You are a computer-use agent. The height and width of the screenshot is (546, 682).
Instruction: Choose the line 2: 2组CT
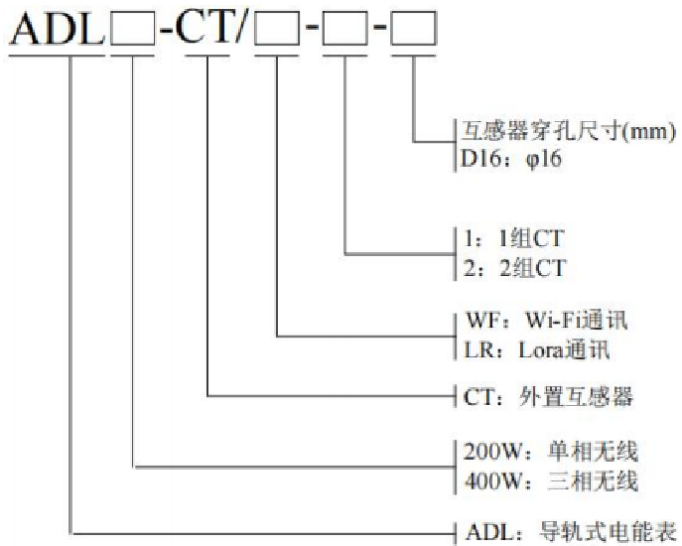click(x=510, y=266)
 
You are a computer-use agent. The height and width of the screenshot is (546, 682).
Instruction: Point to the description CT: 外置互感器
click(x=548, y=398)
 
